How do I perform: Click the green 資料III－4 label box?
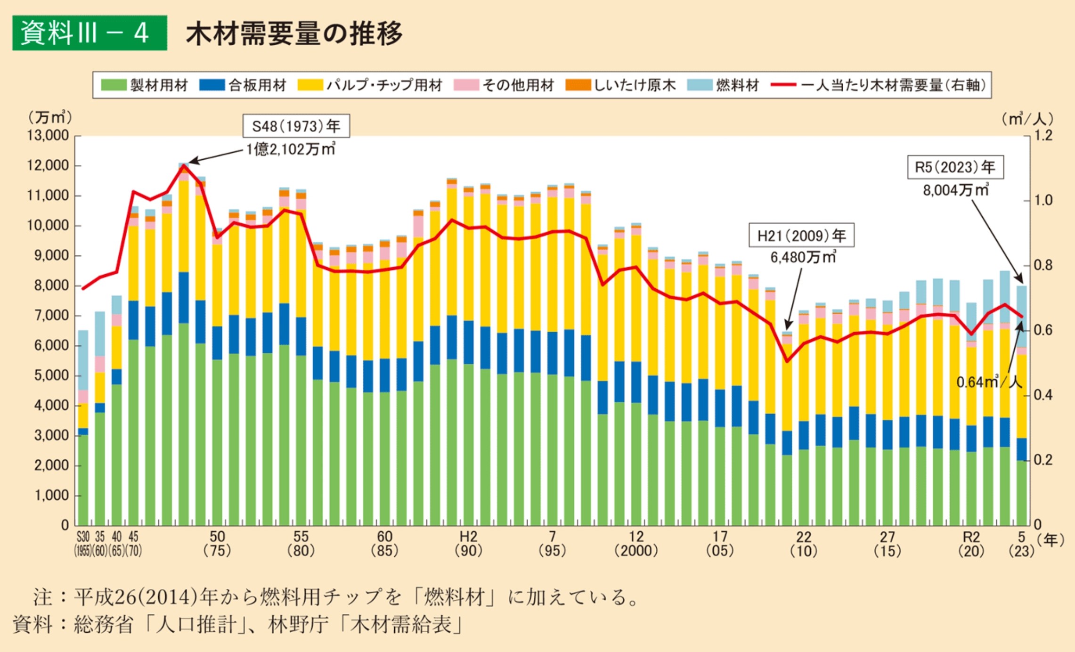90,33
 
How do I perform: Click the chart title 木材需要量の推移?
294,33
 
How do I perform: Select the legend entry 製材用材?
144,85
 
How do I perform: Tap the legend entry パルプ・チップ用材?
370,85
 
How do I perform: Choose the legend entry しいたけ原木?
620,85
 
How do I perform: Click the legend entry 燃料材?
723,85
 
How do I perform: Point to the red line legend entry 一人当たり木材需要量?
879,85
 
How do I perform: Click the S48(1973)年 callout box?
296,126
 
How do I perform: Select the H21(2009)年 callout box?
801,235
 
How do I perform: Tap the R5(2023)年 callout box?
955,167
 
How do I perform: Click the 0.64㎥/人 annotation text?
989,382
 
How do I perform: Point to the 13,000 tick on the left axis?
48,136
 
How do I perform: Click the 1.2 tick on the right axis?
1043,136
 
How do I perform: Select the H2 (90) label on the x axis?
468,543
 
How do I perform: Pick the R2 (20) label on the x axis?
971,543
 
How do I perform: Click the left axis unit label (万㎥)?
50,117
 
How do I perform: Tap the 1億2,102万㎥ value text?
291,149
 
